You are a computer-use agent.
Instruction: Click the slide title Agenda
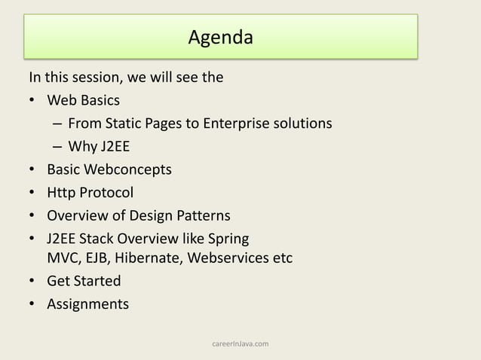220,36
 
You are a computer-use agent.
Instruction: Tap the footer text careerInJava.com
240,344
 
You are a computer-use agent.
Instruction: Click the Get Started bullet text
84,282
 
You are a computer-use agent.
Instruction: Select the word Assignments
87,305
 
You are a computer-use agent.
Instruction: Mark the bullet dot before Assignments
32,305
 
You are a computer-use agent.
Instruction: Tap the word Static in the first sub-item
121,123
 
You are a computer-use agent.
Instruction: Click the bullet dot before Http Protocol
32,193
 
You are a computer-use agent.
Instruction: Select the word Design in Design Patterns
152,216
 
